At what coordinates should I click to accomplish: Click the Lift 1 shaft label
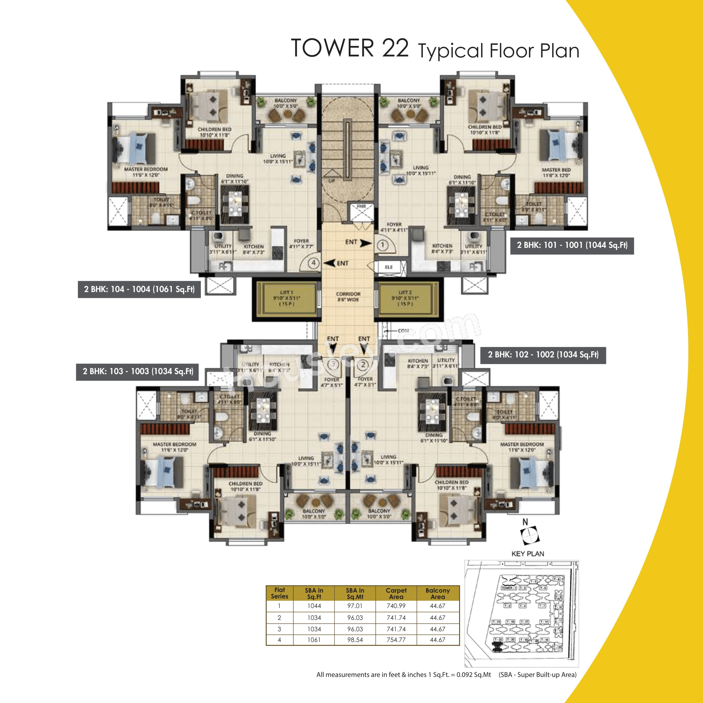(x=286, y=298)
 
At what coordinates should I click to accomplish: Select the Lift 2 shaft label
(x=405, y=298)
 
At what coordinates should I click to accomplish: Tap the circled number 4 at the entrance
(x=314, y=263)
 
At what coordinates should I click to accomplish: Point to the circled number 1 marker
(x=382, y=245)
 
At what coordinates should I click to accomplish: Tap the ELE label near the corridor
(x=389, y=267)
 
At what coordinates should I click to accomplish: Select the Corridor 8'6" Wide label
(x=348, y=297)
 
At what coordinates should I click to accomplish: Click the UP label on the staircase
(x=332, y=180)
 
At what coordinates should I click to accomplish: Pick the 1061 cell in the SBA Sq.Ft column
(x=314, y=640)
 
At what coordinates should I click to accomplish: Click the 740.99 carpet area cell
(x=396, y=606)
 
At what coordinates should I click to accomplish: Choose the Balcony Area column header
(x=437, y=593)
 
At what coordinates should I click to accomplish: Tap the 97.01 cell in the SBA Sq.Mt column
(x=355, y=606)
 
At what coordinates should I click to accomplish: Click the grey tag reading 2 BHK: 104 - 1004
(x=139, y=289)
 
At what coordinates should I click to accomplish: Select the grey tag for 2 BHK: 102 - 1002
(x=543, y=355)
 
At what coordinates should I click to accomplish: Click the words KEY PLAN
(x=528, y=554)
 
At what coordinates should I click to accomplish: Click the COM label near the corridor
(x=403, y=331)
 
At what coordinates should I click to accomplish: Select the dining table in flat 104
(x=235, y=204)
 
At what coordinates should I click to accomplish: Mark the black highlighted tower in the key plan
(x=496, y=646)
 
